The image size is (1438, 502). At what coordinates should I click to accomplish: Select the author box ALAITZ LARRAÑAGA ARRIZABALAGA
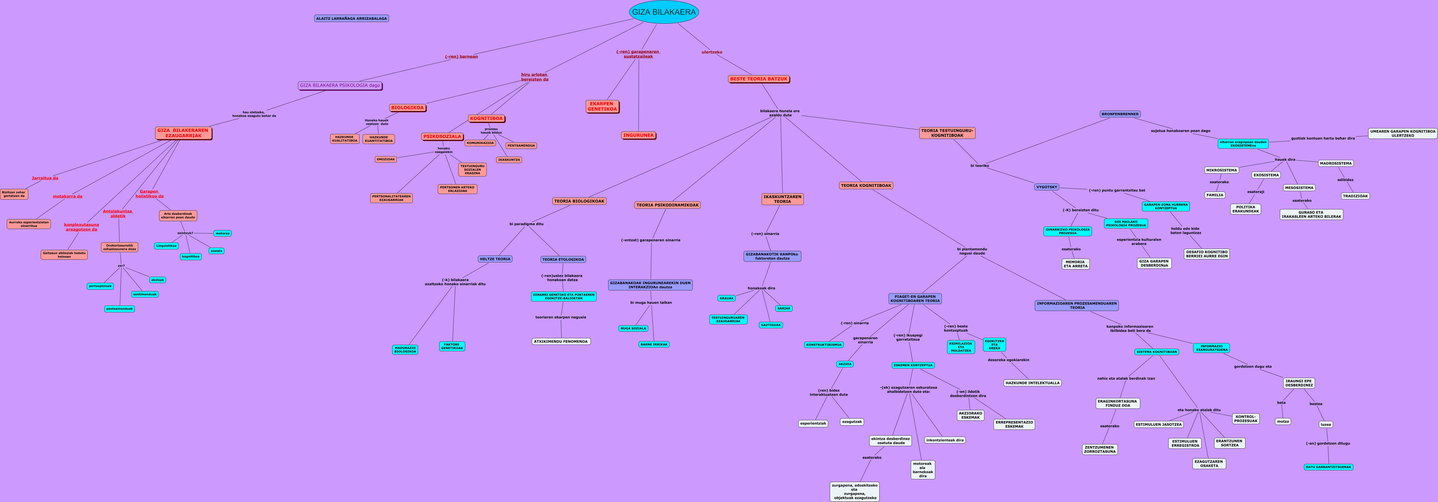tap(351, 19)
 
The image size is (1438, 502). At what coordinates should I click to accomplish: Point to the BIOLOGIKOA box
tap(408, 108)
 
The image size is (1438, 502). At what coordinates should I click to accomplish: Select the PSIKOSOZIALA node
tap(442, 136)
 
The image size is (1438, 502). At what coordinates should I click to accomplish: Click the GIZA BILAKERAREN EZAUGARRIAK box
tap(183, 133)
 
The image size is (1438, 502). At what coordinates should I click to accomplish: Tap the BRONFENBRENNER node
tap(1120, 114)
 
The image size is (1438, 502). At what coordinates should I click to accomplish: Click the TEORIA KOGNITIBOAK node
tap(866, 185)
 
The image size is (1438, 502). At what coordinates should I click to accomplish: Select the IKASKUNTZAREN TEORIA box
tap(782, 199)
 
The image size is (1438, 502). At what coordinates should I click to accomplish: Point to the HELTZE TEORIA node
tap(495, 259)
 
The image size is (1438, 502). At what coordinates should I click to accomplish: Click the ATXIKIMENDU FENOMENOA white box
tap(560, 341)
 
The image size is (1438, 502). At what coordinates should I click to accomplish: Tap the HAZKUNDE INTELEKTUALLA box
tap(1032, 383)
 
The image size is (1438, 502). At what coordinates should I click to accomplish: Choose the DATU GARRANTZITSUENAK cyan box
tap(1328, 467)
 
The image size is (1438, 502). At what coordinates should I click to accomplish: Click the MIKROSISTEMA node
tap(1222, 170)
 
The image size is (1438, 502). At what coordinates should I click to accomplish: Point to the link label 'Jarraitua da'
tap(45, 178)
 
